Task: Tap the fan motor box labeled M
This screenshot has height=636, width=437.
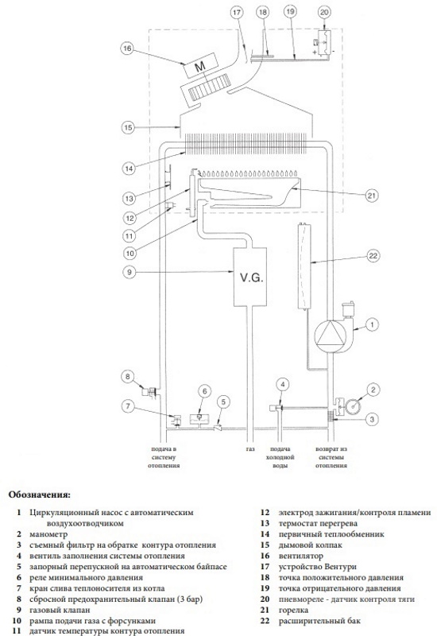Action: [x=200, y=67]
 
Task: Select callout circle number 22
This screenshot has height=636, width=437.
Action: [x=373, y=255]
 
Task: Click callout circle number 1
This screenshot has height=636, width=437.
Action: [x=372, y=324]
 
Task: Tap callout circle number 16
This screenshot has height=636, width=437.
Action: [x=127, y=48]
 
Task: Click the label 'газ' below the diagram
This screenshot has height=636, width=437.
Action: [x=250, y=449]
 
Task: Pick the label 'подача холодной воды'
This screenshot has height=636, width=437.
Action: [x=280, y=457]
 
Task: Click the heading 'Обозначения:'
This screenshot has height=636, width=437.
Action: [x=39, y=494]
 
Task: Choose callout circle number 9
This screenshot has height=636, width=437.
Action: [x=130, y=271]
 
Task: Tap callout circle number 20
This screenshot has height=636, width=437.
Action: [x=324, y=12]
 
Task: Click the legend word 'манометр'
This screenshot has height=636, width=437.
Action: [x=48, y=534]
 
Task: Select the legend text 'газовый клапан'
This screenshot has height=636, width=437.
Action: [x=60, y=610]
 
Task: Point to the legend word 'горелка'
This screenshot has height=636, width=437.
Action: [x=293, y=610]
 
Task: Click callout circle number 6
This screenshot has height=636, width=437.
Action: [x=205, y=391]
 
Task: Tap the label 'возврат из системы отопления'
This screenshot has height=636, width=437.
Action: [x=331, y=457]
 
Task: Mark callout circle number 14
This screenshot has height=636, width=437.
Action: [x=129, y=168]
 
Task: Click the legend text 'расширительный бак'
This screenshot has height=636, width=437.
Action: [x=319, y=621]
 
